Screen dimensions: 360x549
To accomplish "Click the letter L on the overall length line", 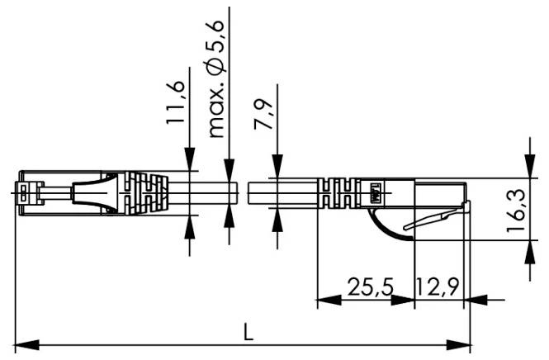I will pos(248,331).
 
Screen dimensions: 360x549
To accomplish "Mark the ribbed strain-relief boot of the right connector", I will pos(338,195).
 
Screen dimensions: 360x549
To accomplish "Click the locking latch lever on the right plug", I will pos(438,218).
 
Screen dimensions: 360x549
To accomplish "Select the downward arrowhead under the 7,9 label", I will pos(277,168).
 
